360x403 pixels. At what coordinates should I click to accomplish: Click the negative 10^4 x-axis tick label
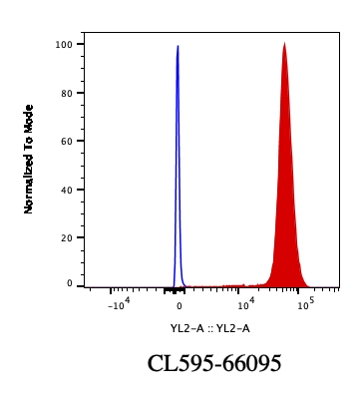[117, 304]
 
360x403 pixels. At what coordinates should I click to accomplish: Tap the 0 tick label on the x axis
[179, 305]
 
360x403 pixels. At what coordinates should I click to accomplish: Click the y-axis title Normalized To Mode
[29, 159]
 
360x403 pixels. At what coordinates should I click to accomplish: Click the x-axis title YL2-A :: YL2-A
[209, 328]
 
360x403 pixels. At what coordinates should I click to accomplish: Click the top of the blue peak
[178, 46]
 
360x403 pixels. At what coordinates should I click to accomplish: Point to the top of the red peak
[284, 44]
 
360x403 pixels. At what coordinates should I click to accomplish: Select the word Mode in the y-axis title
[29, 118]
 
